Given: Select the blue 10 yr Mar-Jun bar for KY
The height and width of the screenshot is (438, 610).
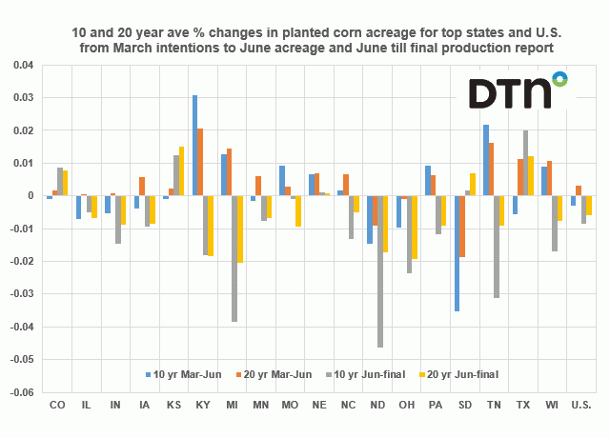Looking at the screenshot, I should point(195,146).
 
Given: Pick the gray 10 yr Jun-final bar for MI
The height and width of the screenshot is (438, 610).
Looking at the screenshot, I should point(235,259).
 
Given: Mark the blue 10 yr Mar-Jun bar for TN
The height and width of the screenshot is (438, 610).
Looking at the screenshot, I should point(485,160).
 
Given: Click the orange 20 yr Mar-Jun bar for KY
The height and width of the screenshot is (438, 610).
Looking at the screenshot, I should point(201,162).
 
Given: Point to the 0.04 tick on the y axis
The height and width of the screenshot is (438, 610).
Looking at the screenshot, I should point(24,66).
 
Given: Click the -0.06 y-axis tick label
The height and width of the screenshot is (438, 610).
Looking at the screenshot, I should point(22,392).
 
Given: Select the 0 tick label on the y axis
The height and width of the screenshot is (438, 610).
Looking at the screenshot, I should point(30,196).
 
